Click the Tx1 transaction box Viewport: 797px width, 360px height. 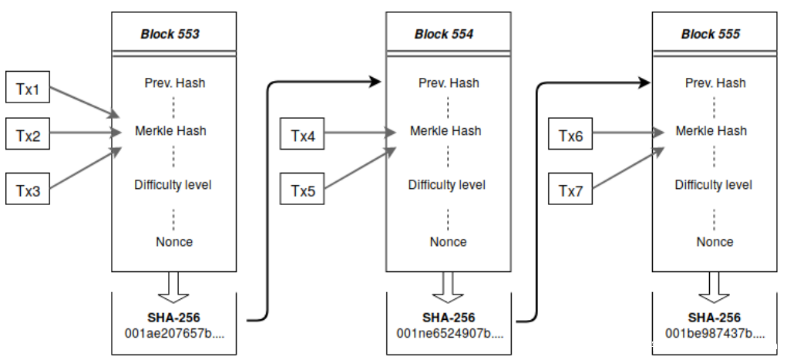pos(28,89)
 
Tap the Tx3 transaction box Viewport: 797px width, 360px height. pos(28,189)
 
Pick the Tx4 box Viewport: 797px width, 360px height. pos(303,137)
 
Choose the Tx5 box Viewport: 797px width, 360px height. pos(303,189)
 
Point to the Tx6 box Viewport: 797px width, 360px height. pos(570,136)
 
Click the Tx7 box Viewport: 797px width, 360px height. pos(570,189)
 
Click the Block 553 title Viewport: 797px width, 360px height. pos(170,34)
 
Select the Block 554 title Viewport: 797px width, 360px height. pos(444,34)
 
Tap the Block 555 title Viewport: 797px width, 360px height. pos(711,34)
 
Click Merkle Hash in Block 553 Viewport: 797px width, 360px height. pos(170,131)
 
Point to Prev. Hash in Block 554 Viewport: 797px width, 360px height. pos(449,82)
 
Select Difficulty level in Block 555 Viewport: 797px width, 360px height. pos(713,185)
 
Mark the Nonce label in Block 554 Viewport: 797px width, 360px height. pos(448,242)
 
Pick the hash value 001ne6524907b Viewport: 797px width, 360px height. pos(449,334)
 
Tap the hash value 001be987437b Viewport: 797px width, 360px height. pos(715,334)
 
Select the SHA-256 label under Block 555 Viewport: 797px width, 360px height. pos(715,318)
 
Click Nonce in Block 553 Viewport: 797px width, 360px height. pos(174,242)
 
